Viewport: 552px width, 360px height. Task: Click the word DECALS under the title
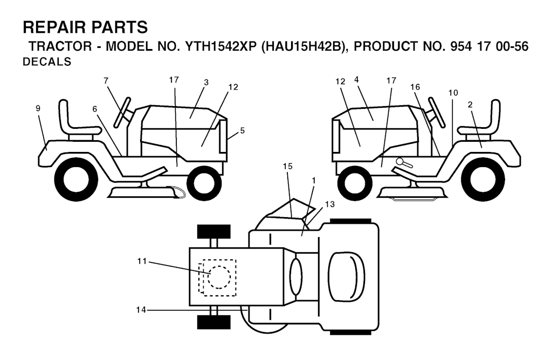coord(47,62)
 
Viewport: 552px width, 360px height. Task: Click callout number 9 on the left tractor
coord(38,108)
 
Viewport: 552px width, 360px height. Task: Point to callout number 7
coord(106,81)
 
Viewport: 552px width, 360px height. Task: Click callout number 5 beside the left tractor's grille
coord(242,130)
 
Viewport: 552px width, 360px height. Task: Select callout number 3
coord(206,82)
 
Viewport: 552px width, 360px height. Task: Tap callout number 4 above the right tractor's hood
coord(356,80)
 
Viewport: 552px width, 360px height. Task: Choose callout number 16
coord(415,87)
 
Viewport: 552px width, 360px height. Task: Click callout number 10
coord(453,93)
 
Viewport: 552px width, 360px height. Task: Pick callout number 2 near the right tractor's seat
coord(470,105)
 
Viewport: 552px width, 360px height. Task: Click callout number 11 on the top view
coord(142,261)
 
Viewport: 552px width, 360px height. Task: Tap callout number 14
coord(141,310)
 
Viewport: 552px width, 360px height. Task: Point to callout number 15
coord(288,166)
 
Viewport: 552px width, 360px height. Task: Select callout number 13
coord(330,204)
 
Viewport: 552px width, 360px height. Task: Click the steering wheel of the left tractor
coord(122,112)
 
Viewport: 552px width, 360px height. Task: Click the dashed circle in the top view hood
coord(219,278)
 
